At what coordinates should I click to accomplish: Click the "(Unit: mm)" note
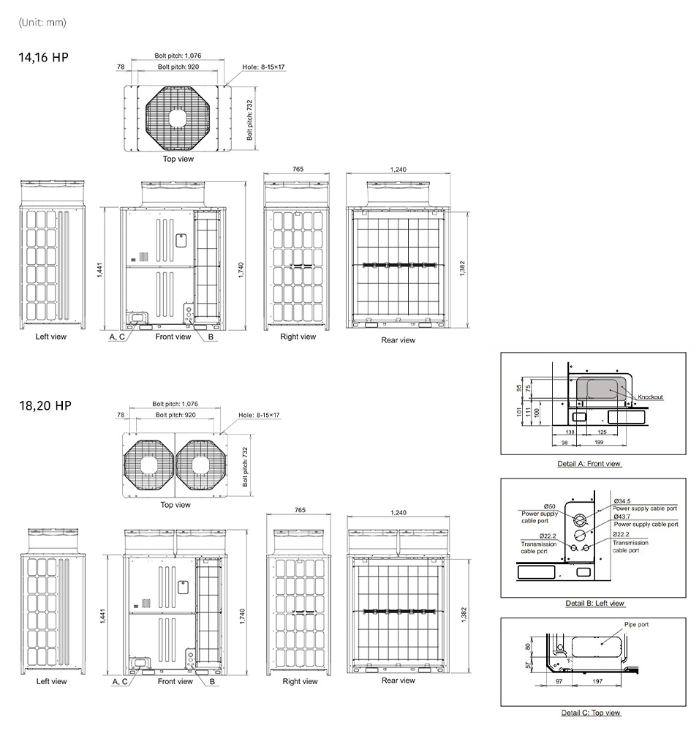[42, 22]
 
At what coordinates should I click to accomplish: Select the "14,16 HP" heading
[43, 58]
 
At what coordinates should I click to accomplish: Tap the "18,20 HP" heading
[45, 405]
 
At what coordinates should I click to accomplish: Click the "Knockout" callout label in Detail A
[650, 397]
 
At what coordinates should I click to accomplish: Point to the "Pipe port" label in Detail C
[636, 624]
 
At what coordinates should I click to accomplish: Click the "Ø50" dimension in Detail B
[549, 506]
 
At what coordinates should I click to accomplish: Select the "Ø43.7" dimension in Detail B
[621, 517]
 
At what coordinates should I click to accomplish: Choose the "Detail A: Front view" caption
[589, 464]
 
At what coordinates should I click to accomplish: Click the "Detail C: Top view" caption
[591, 713]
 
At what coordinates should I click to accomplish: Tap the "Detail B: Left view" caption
[594, 603]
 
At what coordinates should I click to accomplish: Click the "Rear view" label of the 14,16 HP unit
[398, 340]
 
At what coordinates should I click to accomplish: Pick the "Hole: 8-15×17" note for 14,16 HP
[263, 67]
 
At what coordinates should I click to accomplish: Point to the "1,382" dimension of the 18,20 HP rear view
[464, 615]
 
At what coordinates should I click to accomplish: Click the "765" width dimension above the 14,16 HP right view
[298, 169]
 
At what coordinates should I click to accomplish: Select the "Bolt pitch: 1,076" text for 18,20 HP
[175, 404]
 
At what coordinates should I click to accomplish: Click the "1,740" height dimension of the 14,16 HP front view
[241, 269]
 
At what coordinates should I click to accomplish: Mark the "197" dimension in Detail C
[597, 681]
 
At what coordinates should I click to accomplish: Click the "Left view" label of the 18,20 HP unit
[51, 681]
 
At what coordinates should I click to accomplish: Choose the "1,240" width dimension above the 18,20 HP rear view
[398, 512]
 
